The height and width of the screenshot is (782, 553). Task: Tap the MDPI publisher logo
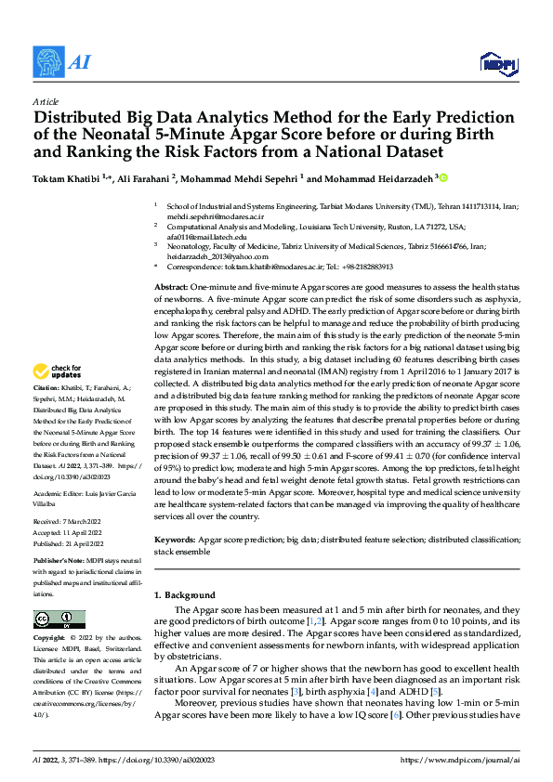click(x=497, y=63)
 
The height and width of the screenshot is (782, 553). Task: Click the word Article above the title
click(x=46, y=101)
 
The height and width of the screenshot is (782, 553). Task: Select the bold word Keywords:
click(x=174, y=538)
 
